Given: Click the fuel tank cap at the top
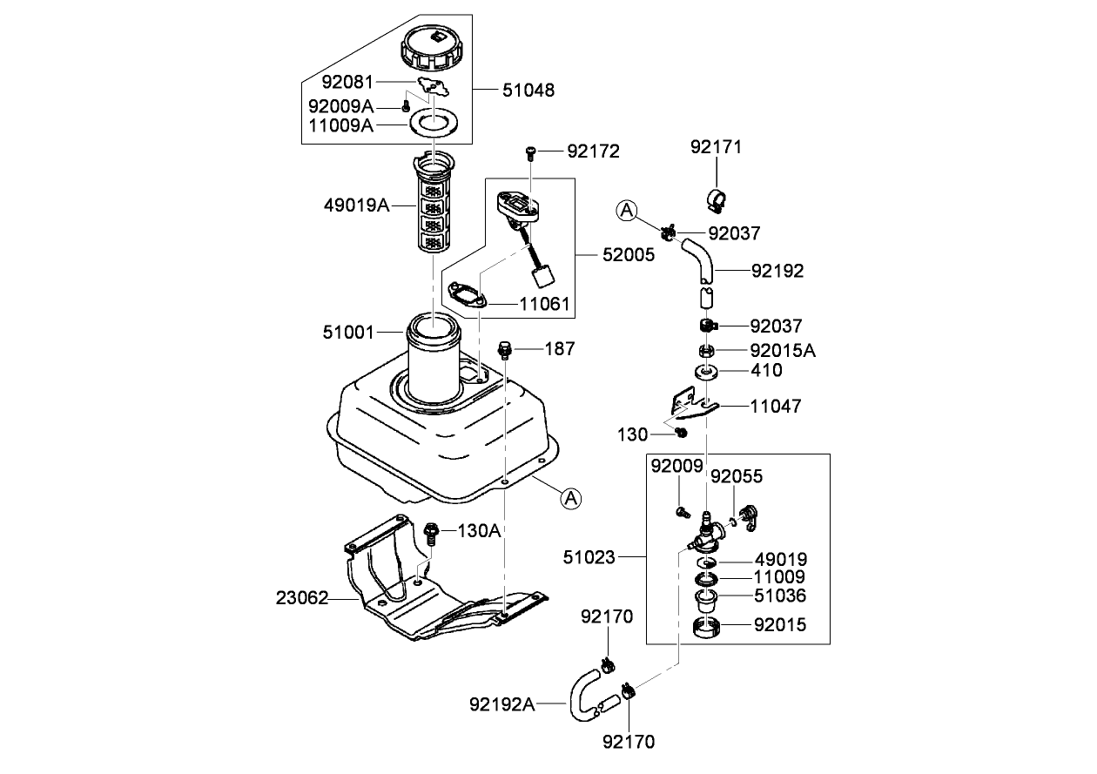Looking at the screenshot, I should (430, 49).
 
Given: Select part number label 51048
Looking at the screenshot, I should (528, 90).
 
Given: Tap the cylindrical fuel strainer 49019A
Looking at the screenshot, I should (433, 209).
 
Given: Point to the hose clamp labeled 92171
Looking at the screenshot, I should (717, 200).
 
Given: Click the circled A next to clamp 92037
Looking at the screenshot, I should (627, 210).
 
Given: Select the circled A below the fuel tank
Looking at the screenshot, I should (569, 498).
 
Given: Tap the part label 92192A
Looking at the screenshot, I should (503, 703).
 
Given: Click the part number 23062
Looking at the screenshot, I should (302, 598).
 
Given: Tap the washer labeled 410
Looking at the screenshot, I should (706, 373).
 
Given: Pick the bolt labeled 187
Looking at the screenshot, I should (503, 351).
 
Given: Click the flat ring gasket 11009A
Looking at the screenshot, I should (433, 124).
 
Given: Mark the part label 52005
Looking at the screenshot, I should (629, 256).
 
